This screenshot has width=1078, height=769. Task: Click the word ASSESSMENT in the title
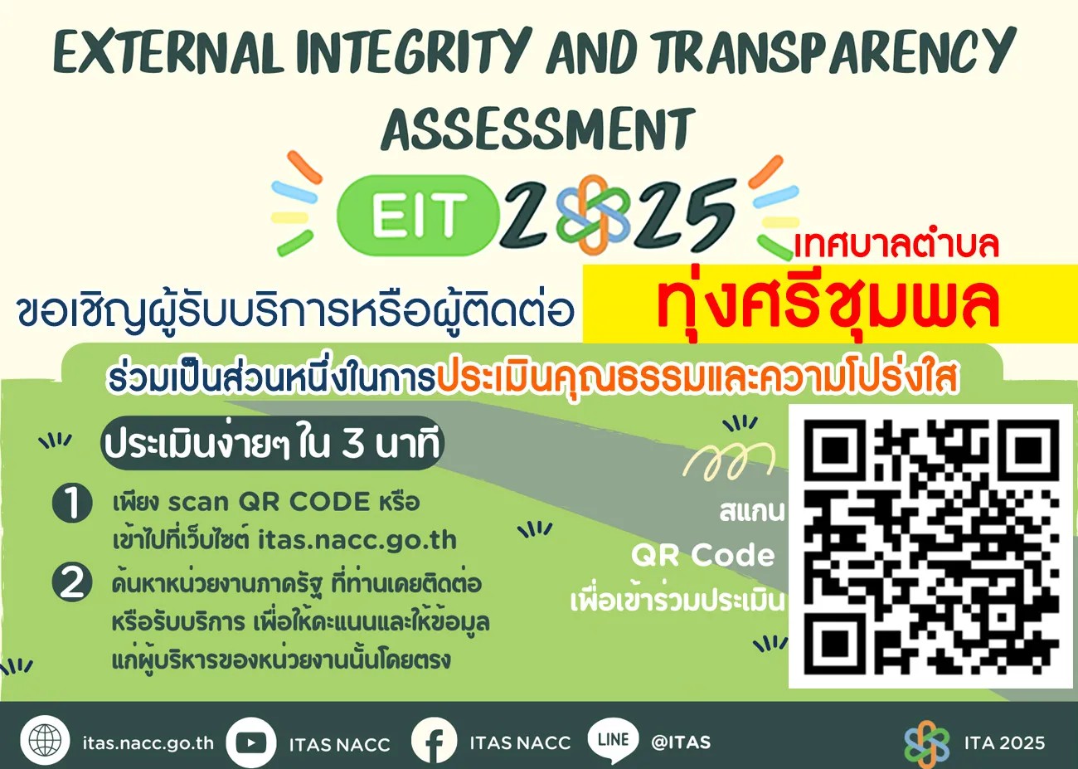pyautogui.click(x=538, y=129)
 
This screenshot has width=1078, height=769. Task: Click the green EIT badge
pyautogui.click(x=418, y=215)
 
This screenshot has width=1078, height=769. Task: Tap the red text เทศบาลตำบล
pyautogui.click(x=896, y=245)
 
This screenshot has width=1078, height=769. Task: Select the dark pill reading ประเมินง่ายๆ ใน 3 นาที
pyautogui.click(x=272, y=443)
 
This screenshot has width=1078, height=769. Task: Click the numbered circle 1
pyautogui.click(x=72, y=504)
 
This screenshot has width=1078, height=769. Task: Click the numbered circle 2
pyautogui.click(x=72, y=583)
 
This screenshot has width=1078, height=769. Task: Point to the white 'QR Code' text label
pyautogui.click(x=702, y=556)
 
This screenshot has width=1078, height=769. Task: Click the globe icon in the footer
pyautogui.click(x=45, y=741)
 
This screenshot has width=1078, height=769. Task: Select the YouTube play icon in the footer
pyautogui.click(x=250, y=742)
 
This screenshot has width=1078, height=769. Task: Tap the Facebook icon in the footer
pyautogui.click(x=435, y=742)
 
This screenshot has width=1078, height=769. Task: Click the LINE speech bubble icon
pyautogui.click(x=613, y=741)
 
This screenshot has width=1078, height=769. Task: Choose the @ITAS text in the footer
pyautogui.click(x=681, y=742)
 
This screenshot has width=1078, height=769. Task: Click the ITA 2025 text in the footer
pyautogui.click(x=1004, y=742)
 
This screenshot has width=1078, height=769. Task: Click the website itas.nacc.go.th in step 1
pyautogui.click(x=357, y=540)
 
